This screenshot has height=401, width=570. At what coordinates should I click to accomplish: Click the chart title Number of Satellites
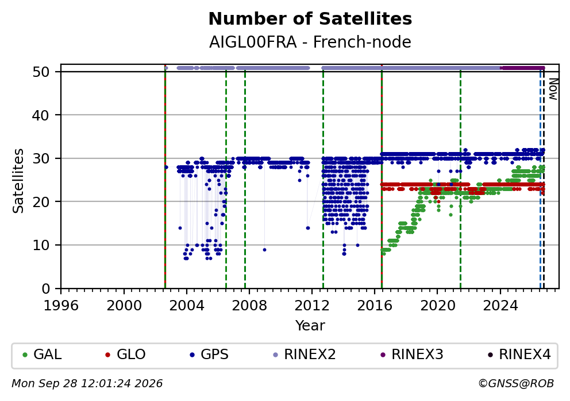tap(310, 19)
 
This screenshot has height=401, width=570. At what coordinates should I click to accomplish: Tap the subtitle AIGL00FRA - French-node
tap(310, 42)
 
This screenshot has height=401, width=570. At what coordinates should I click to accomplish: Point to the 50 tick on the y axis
tap(41, 72)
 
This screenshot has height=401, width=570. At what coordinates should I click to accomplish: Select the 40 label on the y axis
tap(41, 115)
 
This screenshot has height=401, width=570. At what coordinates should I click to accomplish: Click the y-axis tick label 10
tap(41, 246)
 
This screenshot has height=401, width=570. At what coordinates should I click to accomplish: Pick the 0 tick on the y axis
tap(46, 289)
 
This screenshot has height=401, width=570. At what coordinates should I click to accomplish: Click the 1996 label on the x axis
tap(61, 306)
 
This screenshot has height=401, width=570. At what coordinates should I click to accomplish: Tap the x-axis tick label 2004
tap(187, 306)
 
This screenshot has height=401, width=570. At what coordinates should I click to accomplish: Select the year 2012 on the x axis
tap(312, 306)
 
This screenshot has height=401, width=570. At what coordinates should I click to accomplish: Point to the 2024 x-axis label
tap(500, 306)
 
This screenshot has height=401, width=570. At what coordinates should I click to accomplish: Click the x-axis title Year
tap(310, 325)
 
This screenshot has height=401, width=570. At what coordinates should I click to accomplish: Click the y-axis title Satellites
tap(18, 181)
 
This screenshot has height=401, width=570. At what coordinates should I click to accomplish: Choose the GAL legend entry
tap(42, 355)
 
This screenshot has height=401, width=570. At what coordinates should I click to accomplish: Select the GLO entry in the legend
tap(125, 355)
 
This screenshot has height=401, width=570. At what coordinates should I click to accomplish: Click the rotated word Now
tap(553, 89)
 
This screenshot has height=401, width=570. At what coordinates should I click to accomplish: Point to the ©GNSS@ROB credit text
tap(516, 384)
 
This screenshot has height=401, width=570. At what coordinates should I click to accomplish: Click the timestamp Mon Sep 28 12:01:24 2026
tap(87, 384)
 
